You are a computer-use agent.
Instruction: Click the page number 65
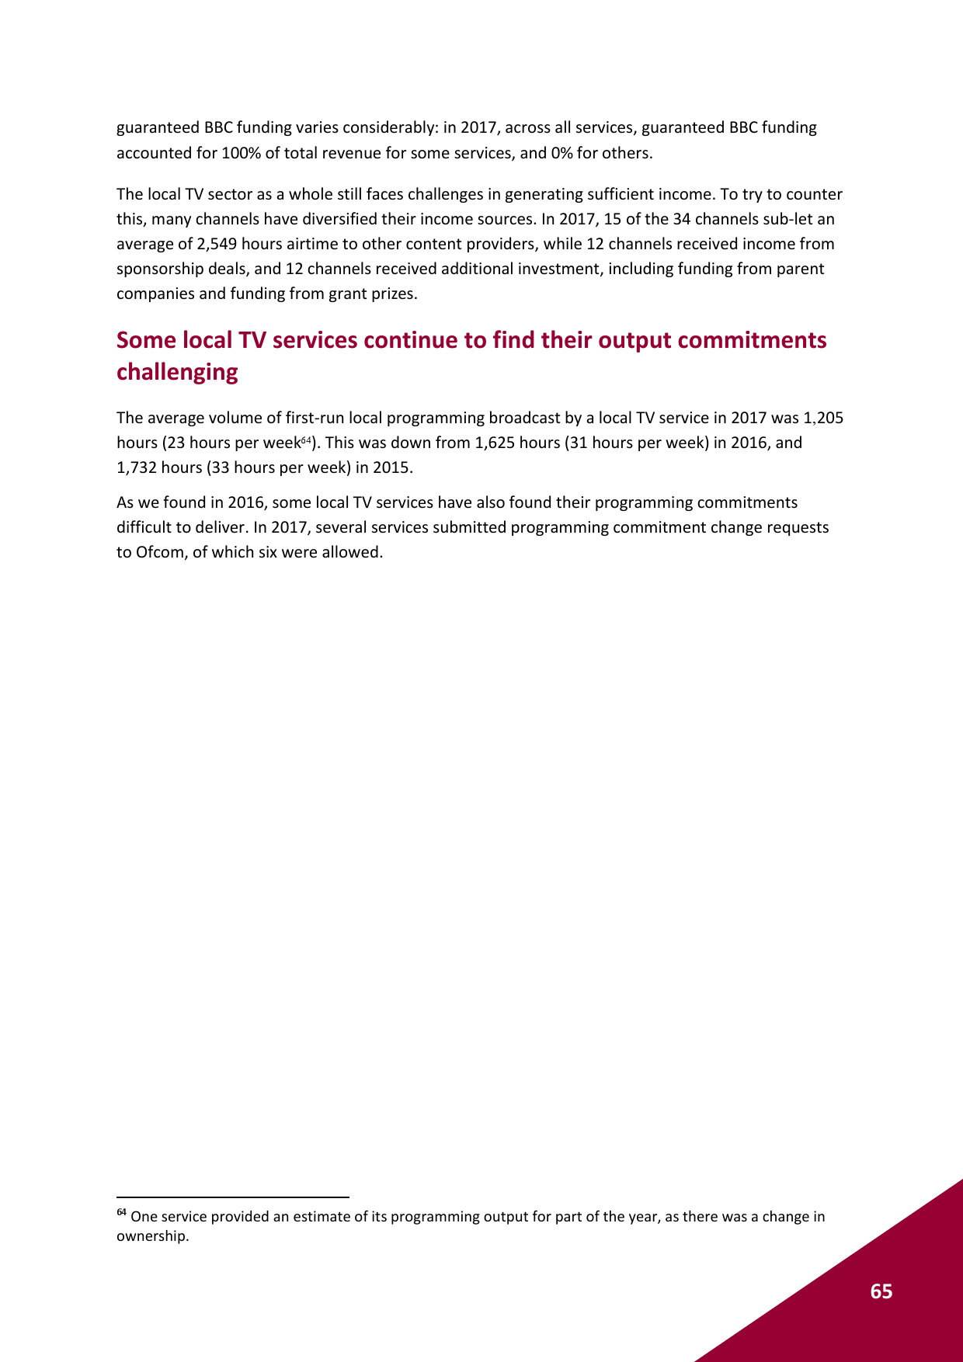click(881, 1291)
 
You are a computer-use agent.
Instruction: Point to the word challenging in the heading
click(177, 372)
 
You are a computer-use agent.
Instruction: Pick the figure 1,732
click(137, 467)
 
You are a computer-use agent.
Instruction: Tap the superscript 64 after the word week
click(306, 440)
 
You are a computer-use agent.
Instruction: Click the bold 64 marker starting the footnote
click(121, 1213)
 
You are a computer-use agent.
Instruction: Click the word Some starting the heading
click(146, 340)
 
